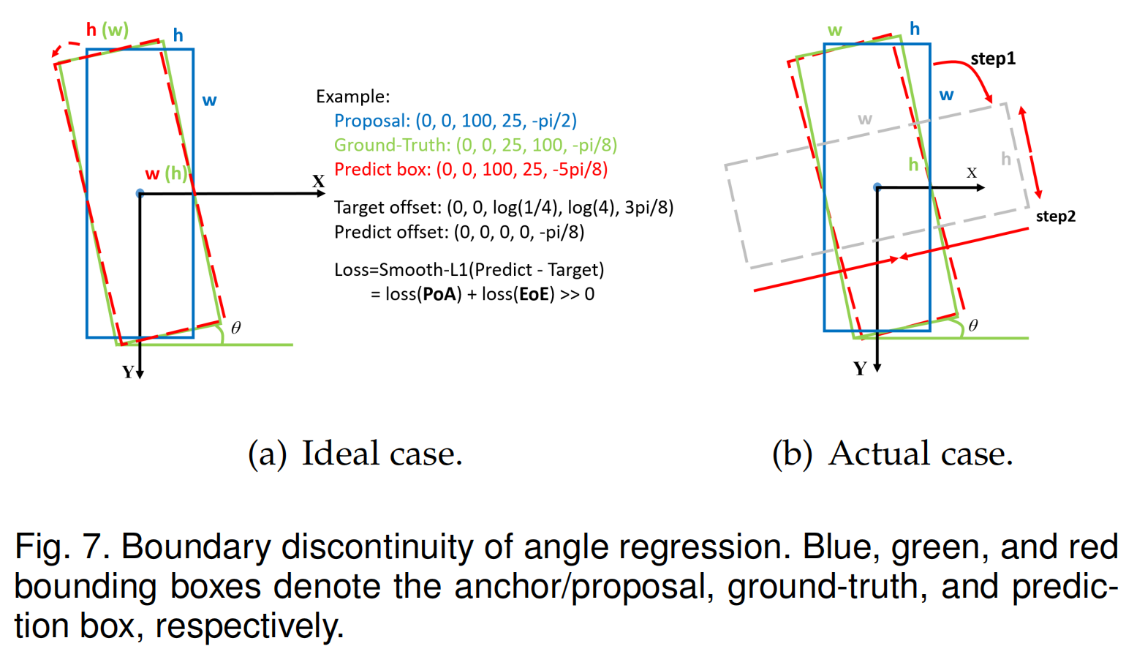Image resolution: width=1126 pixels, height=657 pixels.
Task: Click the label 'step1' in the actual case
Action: (x=992, y=59)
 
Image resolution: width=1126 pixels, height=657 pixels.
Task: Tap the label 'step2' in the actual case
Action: (x=1055, y=216)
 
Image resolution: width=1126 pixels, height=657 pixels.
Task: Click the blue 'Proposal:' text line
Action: (x=455, y=121)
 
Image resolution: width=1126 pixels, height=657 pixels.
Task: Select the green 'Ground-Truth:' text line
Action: (x=475, y=145)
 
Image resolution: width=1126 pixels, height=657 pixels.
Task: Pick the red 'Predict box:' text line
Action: (x=470, y=170)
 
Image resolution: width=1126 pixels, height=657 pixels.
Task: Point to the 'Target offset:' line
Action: (x=503, y=208)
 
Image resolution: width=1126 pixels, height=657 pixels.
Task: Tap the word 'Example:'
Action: (x=352, y=97)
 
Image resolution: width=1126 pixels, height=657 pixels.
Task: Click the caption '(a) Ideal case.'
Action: (x=355, y=454)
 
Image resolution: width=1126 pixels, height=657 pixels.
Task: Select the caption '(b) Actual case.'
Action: (x=892, y=454)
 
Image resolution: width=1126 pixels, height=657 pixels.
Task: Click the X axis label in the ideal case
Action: (x=318, y=181)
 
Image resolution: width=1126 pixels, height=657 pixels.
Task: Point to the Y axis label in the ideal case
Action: (x=128, y=372)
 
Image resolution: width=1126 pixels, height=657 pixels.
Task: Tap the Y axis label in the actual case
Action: (x=860, y=369)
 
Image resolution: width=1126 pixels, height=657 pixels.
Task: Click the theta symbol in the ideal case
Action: (x=235, y=328)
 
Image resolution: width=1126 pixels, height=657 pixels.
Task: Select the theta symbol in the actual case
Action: (x=972, y=326)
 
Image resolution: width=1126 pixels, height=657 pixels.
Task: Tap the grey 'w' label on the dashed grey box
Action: (x=865, y=119)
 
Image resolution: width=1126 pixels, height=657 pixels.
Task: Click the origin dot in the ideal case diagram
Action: (x=140, y=193)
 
